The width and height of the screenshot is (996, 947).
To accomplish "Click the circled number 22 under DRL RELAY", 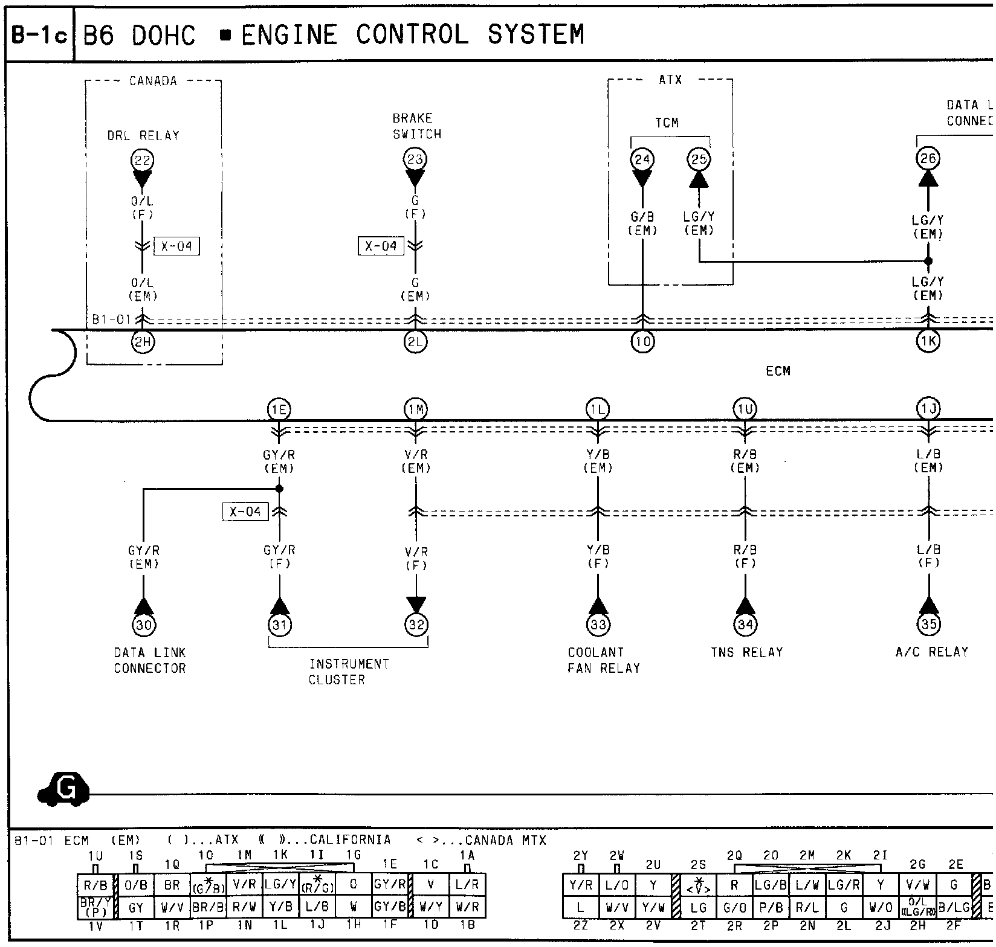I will tap(143, 161).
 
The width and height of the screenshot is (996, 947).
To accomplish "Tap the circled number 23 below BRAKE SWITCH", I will tap(415, 160).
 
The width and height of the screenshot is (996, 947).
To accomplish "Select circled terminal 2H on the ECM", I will tap(143, 342).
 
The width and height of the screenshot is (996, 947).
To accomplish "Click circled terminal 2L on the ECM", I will tap(415, 342).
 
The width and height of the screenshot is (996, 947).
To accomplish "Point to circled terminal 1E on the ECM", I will tap(279, 410).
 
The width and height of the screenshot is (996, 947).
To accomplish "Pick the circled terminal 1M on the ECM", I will tap(415, 410).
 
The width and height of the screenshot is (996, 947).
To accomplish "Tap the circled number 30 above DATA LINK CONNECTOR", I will tap(143, 624).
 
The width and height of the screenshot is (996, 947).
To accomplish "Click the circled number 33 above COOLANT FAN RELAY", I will tap(598, 624).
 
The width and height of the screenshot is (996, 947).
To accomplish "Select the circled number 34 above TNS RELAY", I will tap(745, 624).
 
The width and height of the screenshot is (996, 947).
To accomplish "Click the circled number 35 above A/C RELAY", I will tap(929, 624).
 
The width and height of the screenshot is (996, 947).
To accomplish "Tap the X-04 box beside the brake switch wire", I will tap(381, 246).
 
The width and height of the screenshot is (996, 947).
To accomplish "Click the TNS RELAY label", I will tap(746, 652).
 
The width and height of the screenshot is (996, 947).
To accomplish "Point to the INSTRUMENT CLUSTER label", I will tap(349, 672).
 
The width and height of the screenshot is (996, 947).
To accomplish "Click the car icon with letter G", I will tap(63, 789).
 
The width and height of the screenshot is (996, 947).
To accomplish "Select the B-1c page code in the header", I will tap(40, 35).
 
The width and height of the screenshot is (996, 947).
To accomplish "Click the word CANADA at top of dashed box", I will tap(153, 81).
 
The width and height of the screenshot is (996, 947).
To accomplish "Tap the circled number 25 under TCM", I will tap(699, 160).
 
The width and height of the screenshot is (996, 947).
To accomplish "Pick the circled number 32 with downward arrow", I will tap(416, 624).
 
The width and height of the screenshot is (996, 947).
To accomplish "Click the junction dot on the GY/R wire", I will tap(279, 489).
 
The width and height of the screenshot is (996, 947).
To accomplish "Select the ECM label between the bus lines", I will tap(778, 371).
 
